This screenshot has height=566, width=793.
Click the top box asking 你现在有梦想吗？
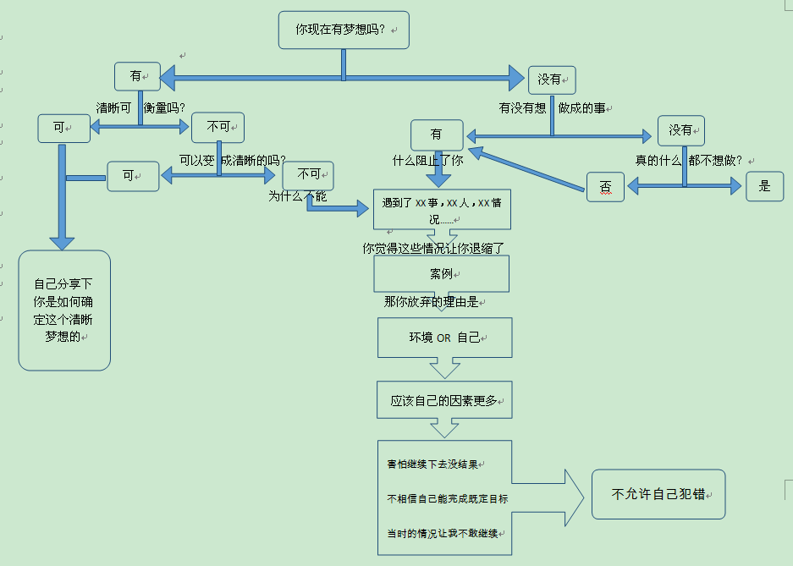(344, 30)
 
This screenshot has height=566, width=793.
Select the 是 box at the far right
(764, 186)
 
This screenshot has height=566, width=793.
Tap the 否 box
(605, 186)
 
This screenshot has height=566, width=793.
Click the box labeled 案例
(441, 274)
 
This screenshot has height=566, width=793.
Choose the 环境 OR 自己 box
(444, 338)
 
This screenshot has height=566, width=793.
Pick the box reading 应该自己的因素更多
(444, 400)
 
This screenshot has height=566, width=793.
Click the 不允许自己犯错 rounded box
(658, 494)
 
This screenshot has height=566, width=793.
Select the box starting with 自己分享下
(64, 310)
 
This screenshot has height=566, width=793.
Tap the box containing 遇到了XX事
(442, 209)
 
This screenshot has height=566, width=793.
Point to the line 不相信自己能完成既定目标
(447, 498)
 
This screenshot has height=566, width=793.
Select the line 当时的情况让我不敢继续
(443, 533)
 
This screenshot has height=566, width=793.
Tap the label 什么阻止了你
(427, 159)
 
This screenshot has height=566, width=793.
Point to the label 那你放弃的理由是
(431, 302)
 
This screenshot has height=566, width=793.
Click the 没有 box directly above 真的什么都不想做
(680, 130)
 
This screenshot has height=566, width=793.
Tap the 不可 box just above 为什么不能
(308, 174)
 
